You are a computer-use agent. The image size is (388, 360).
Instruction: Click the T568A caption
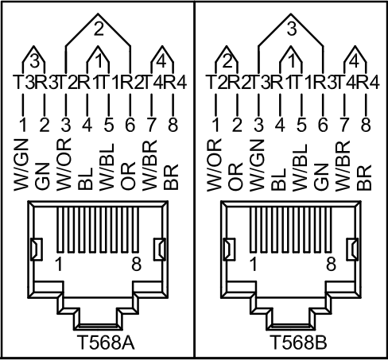(106, 343)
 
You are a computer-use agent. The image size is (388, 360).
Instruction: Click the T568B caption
(298, 343)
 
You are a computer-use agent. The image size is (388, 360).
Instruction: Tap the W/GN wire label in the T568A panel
(21, 165)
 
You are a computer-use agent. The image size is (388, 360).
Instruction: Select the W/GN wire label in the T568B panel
(257, 165)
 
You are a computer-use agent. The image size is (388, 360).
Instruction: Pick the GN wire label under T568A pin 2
(43, 176)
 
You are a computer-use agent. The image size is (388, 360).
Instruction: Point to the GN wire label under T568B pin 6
(321, 176)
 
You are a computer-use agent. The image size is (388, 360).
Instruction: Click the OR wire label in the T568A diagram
(128, 176)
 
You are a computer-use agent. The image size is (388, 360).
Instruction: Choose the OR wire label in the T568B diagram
(235, 176)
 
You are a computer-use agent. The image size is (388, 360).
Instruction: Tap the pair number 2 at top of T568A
(99, 29)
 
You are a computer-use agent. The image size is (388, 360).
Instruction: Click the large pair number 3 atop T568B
(292, 29)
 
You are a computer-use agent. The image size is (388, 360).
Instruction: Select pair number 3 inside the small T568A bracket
(34, 61)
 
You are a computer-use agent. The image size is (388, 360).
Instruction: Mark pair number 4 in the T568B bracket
(355, 61)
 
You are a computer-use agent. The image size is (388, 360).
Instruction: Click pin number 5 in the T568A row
(109, 125)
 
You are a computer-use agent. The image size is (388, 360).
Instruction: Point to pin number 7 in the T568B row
(344, 125)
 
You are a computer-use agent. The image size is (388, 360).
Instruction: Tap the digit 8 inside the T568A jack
(137, 264)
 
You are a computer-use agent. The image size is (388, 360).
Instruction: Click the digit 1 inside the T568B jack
(254, 264)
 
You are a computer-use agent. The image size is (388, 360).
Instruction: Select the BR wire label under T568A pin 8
(171, 176)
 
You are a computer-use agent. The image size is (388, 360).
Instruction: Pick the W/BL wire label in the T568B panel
(300, 168)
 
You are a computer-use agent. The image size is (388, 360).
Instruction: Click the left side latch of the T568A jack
(37, 250)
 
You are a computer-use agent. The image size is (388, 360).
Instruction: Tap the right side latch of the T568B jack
(352, 250)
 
